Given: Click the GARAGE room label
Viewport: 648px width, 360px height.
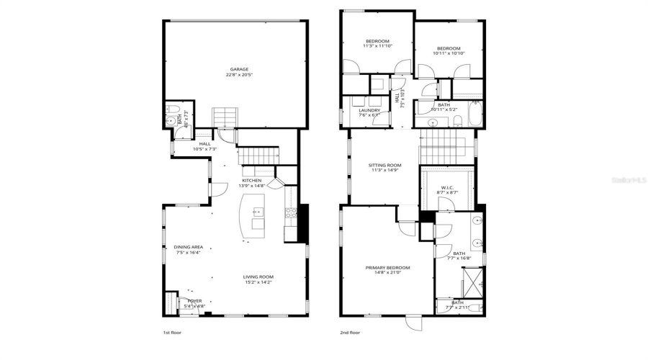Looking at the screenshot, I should (239, 69).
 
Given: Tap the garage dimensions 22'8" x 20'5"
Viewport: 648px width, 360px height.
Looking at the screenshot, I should (239, 75).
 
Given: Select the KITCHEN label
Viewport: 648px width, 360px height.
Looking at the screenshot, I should (251, 180).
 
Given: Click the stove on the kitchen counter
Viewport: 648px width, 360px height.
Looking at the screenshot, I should (292, 212).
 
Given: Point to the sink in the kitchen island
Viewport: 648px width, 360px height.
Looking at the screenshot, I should (258, 212).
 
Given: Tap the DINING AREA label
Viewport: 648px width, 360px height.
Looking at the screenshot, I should (188, 247).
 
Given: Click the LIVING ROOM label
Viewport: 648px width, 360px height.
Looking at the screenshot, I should (257, 276).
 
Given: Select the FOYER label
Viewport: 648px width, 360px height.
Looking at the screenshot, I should (194, 301).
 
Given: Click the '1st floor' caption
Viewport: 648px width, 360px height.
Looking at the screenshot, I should (171, 333).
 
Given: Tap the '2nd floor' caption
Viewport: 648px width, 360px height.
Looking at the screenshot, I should (349, 333).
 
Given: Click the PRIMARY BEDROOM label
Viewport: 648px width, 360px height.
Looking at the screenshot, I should (387, 267).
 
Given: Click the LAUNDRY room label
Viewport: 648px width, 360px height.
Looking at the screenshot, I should (369, 110).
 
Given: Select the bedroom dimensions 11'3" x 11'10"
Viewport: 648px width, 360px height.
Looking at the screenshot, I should (377, 46).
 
